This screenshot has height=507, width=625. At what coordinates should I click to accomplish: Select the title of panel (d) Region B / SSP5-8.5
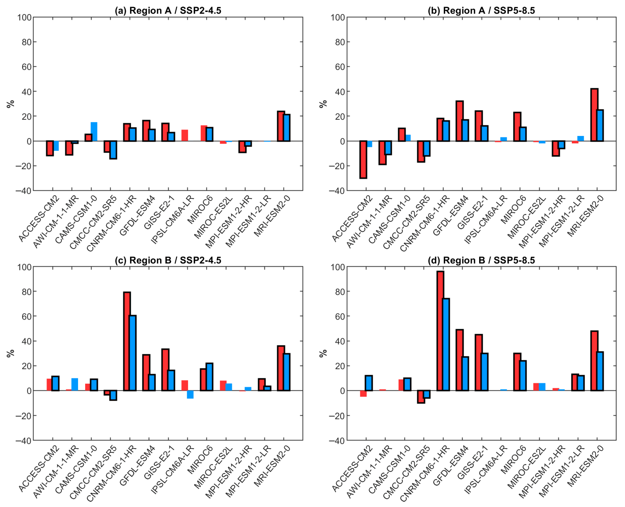pyautogui.click(x=481, y=260)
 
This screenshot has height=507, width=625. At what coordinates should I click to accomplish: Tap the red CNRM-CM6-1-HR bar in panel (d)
pyautogui.click(x=440, y=331)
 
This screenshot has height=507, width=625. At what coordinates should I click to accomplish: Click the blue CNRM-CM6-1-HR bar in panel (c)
pyautogui.click(x=133, y=353)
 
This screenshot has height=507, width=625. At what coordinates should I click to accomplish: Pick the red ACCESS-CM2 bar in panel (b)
pyautogui.click(x=363, y=160)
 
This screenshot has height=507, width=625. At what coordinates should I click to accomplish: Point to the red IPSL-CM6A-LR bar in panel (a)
pyautogui.click(x=185, y=135)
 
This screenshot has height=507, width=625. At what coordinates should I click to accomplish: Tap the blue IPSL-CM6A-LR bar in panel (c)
pyautogui.click(x=190, y=394)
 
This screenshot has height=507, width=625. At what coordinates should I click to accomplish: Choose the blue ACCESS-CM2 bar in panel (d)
pyautogui.click(x=369, y=383)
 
